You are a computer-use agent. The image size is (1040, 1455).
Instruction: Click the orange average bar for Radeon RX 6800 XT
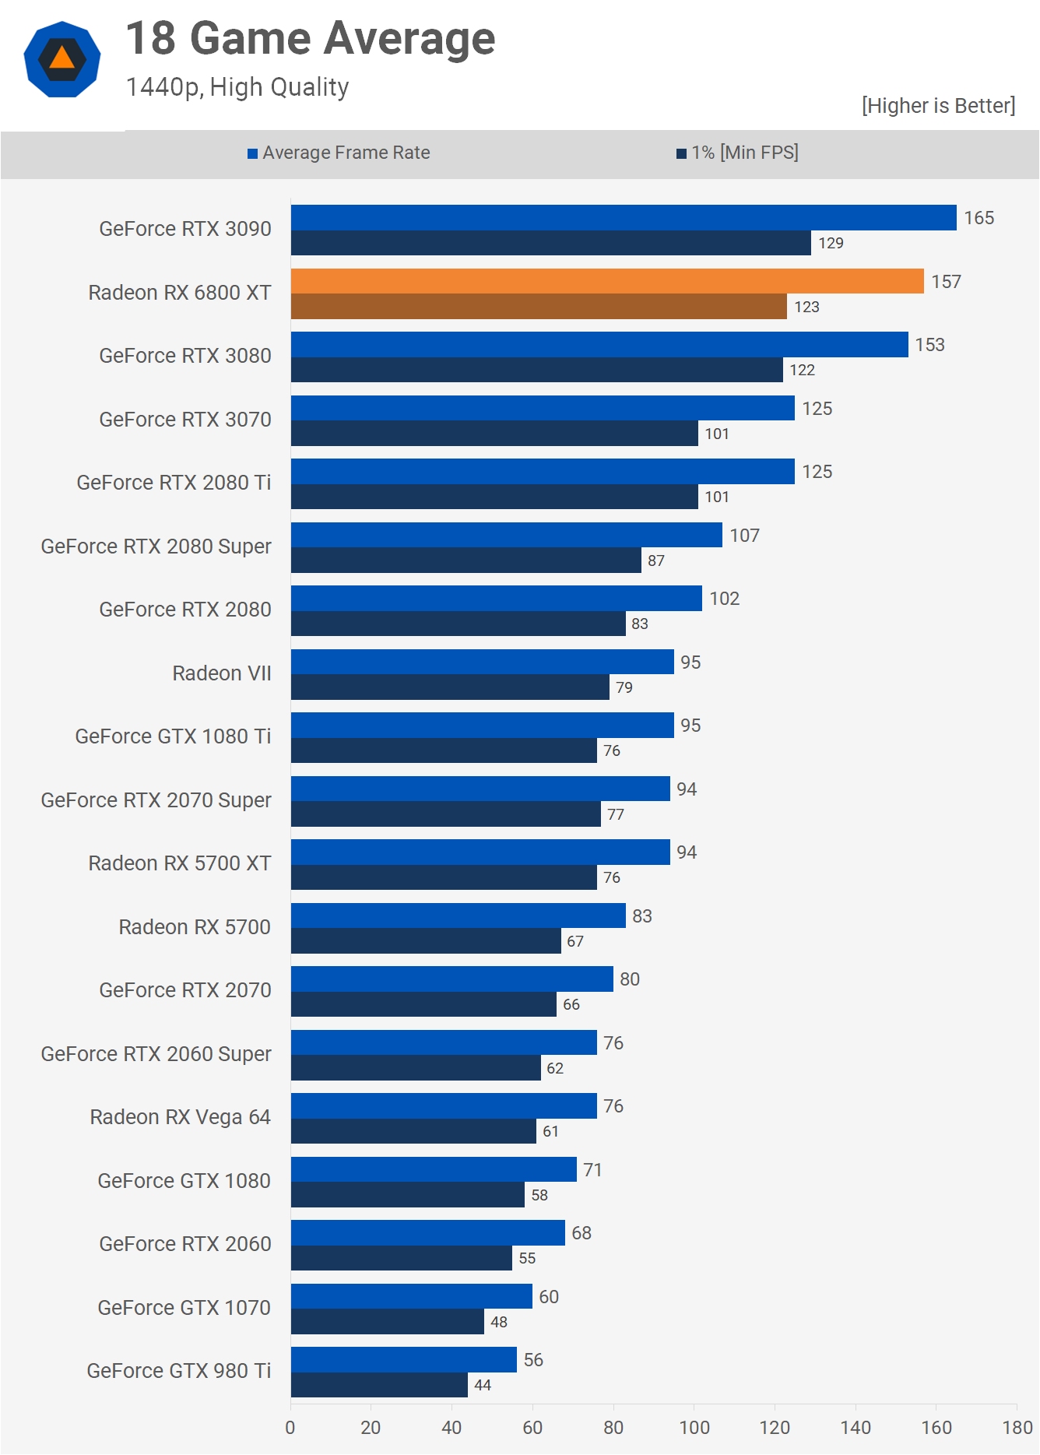pyautogui.click(x=607, y=282)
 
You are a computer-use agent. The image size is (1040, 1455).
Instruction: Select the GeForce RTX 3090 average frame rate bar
pyautogui.click(x=623, y=218)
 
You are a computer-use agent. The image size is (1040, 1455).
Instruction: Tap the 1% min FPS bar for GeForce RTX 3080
pyautogui.click(x=537, y=370)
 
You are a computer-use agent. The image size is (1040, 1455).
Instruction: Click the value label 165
pyautogui.click(x=979, y=218)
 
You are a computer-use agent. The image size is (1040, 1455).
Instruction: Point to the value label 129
pyautogui.click(x=831, y=244)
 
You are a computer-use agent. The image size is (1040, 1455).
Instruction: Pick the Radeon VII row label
pyautogui.click(x=222, y=673)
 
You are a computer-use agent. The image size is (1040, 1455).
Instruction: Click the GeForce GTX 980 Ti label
pyautogui.click(x=178, y=1371)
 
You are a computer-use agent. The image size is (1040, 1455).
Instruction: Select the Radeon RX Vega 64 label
pyautogui.click(x=180, y=1117)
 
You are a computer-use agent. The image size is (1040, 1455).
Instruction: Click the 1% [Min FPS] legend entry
pyautogui.click(x=737, y=153)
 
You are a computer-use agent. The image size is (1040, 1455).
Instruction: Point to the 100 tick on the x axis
pyautogui.click(x=694, y=1428)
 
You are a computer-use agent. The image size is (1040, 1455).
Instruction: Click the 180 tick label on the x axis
pyautogui.click(x=1017, y=1428)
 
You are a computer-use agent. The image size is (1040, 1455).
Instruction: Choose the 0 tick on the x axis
pyautogui.click(x=290, y=1428)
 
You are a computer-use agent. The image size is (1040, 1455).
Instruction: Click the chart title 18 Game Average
pyautogui.click(x=311, y=39)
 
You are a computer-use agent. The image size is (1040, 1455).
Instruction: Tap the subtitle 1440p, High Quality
pyautogui.click(x=237, y=87)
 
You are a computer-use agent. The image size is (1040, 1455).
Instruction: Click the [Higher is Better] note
pyautogui.click(x=938, y=106)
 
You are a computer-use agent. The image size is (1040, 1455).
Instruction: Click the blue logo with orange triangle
pyautogui.click(x=62, y=59)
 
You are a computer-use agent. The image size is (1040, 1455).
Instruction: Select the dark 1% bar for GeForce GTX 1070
pyautogui.click(x=388, y=1322)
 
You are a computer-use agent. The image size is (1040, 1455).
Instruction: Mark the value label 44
pyautogui.click(x=483, y=1386)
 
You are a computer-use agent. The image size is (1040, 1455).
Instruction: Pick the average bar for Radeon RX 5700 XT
pyautogui.click(x=480, y=852)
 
